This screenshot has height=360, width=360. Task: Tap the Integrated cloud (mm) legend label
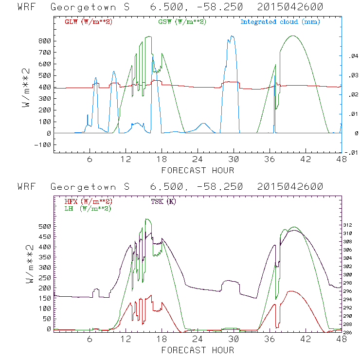point(280,22)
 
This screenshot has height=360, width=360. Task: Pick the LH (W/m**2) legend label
point(88,208)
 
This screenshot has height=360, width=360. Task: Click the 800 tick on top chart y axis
point(45,41)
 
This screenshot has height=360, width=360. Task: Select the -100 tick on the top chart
point(43,144)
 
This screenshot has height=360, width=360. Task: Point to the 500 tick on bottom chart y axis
point(45,226)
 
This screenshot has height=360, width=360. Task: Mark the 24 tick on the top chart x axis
point(198,160)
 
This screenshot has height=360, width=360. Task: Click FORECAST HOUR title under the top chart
point(198,170)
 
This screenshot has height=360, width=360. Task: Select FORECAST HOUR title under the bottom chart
point(198,350)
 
